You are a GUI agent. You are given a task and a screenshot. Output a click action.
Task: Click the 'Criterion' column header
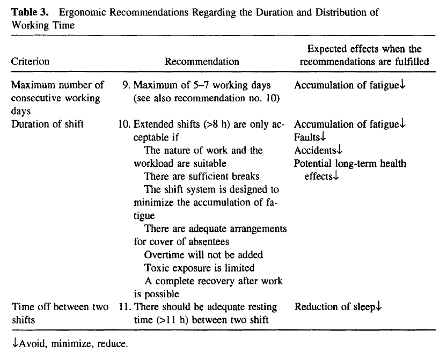30,61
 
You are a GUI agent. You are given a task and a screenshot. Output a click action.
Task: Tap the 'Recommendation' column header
202,61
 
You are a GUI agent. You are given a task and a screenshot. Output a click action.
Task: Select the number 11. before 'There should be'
124,307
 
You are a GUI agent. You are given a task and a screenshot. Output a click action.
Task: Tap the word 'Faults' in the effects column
306,137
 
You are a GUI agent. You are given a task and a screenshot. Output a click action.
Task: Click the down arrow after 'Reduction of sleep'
378,307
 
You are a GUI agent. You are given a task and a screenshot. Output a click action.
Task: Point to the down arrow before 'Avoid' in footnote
14,343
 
